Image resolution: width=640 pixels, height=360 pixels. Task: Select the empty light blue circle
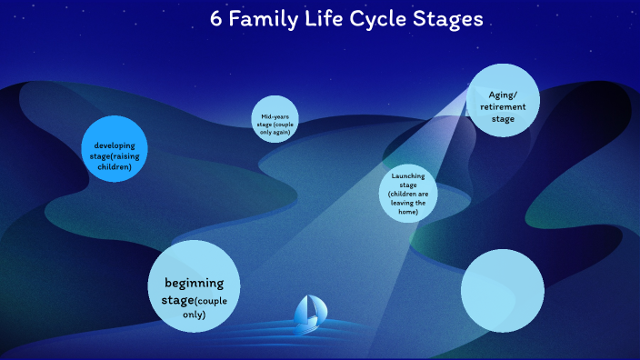(502, 291)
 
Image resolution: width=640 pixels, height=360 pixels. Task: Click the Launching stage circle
(408, 194)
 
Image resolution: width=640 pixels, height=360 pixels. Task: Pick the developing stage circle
(115, 149)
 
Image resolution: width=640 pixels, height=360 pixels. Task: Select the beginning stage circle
(193, 286)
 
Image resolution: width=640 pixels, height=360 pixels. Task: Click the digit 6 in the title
(215, 20)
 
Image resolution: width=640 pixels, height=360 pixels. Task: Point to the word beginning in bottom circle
(193, 283)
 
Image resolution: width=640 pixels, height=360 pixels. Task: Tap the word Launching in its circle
(408, 175)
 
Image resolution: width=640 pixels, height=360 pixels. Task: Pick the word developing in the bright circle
(115, 145)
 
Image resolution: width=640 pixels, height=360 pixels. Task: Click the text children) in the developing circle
(115, 167)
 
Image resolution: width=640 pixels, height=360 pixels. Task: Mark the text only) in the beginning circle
(193, 315)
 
